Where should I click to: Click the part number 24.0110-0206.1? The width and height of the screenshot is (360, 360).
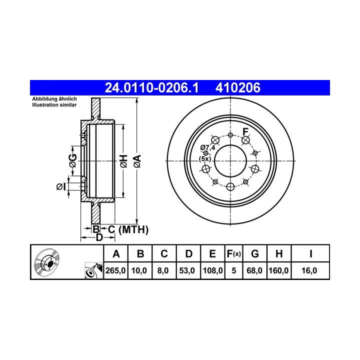coord(151,87)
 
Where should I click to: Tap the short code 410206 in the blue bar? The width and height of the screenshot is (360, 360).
coord(238,87)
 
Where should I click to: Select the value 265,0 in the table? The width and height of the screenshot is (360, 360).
coord(115,270)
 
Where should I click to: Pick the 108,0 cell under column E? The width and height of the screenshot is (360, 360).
coord(212,270)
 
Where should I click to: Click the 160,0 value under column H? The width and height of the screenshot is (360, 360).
coord(278,270)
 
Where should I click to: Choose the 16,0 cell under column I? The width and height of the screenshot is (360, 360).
coord(309,270)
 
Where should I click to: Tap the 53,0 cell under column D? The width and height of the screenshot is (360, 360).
coord(187,270)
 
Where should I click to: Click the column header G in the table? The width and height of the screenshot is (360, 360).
coord(255,254)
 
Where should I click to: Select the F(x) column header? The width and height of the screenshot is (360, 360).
coord(233,254)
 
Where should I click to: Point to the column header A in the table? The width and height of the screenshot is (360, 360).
coord(116,254)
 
